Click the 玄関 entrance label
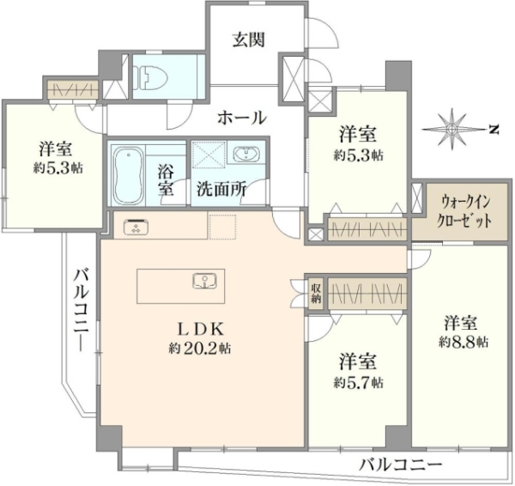[249, 39]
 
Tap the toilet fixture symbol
[149, 77]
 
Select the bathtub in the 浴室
[129, 176]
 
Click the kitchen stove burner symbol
[136, 226]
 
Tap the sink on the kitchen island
[205, 281]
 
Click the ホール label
[242, 118]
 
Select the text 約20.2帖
[199, 349]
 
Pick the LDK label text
[200, 329]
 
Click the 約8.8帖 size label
[463, 343]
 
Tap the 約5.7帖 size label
[359, 382]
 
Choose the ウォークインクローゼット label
[463, 211]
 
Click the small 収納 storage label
[316, 293]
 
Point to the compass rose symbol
[452, 129]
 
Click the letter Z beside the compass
[493, 129]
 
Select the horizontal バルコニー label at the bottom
[400, 465]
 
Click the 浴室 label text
[166, 179]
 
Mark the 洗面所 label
[221, 189]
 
